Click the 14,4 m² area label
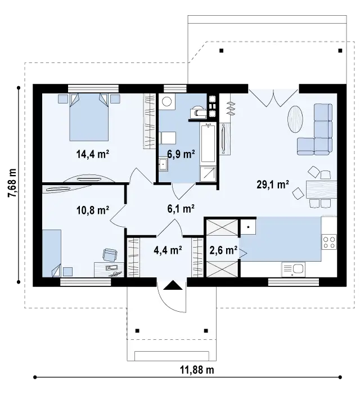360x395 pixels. click(x=92, y=154)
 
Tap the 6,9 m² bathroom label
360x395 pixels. click(x=181, y=154)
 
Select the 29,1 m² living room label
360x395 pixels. click(x=273, y=185)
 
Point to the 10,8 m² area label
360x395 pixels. click(x=92, y=209)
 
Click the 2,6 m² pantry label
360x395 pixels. click(x=223, y=250)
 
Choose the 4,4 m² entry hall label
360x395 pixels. click(x=168, y=250)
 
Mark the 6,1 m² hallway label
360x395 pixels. click(x=181, y=208)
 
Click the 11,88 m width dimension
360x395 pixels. click(x=197, y=370)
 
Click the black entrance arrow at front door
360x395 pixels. click(x=173, y=285)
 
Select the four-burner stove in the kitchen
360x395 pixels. click(x=329, y=242)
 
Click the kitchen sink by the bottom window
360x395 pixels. click(x=294, y=270)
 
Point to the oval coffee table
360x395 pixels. click(x=295, y=119)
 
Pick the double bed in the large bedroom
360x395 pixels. click(x=89, y=117)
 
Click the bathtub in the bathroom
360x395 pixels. click(x=208, y=143)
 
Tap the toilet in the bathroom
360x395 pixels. click(x=198, y=111)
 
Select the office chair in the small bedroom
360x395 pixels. click(x=110, y=254)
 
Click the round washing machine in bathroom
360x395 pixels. click(x=166, y=101)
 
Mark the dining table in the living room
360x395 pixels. click(x=322, y=190)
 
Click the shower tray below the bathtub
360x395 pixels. click(x=208, y=173)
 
